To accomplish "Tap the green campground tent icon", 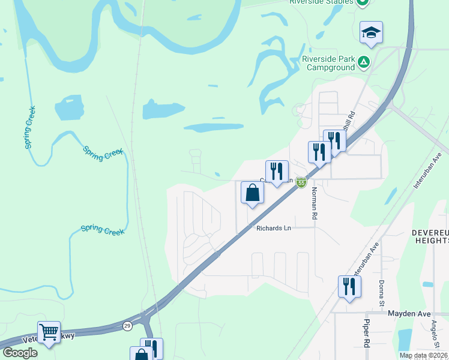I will pyautogui.click(x=363, y=62).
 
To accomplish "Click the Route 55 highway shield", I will pyautogui.click(x=301, y=182).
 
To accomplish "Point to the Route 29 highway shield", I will pyautogui.click(x=127, y=326).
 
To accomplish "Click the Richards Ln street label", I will pyautogui.click(x=273, y=228).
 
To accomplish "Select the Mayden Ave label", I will pyautogui.click(x=409, y=313).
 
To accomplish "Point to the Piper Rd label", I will pyautogui.click(x=366, y=333).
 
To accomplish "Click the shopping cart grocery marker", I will pyautogui.click(x=49, y=331).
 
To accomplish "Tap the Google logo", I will pyautogui.click(x=19, y=353).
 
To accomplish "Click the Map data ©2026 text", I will pyautogui.click(x=423, y=355).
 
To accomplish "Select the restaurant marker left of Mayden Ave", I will pyautogui.click(x=349, y=286).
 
